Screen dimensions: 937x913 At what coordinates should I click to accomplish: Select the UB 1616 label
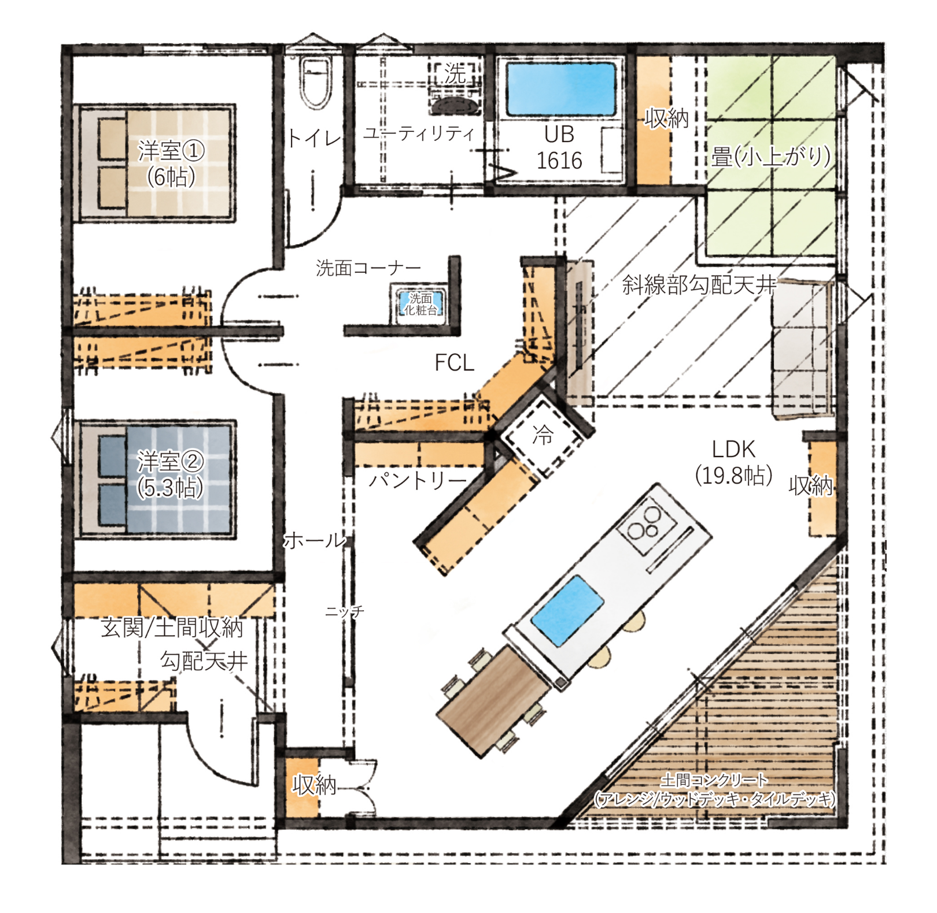pos(559,147)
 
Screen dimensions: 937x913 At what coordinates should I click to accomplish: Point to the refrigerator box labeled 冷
pos(543,435)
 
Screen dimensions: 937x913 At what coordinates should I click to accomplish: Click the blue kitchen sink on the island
pos(567,610)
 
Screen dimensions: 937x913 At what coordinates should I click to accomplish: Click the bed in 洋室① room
pos(155,163)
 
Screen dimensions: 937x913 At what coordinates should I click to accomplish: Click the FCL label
pos(454,363)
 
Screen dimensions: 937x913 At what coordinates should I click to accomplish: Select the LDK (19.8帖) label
pos(733,462)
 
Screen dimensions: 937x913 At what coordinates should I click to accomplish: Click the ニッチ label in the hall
pos(345,611)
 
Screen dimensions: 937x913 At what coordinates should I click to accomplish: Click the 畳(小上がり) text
pos(771,156)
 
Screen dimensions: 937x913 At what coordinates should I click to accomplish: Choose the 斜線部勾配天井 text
pos(699,284)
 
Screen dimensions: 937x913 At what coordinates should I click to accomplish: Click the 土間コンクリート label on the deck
pos(715,780)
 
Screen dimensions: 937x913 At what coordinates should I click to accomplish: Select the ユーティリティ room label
pos(418,133)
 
